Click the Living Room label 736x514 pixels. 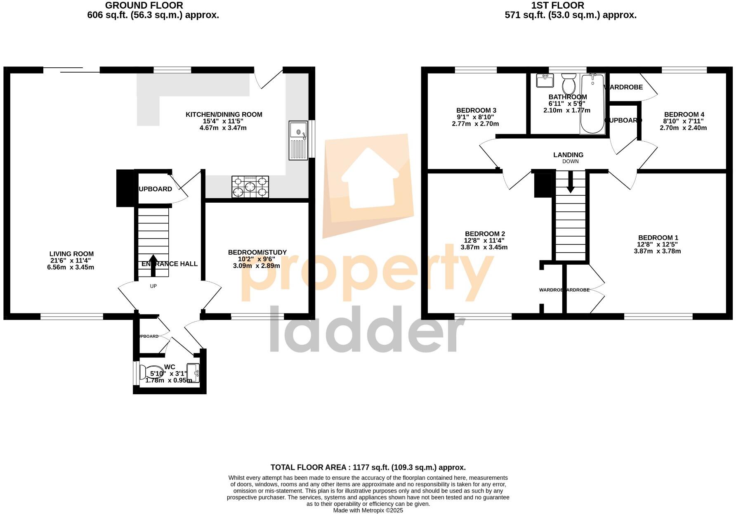tap(71, 254)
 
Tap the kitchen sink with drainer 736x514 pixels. tap(298, 140)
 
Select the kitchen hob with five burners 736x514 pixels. tap(250, 187)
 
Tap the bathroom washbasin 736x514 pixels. tap(545, 81)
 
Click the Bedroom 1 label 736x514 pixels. tap(658, 238)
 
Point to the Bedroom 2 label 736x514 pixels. tap(485, 234)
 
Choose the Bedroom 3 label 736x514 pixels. tap(476, 110)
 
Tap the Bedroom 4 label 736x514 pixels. tap(684, 114)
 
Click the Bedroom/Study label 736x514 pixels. tap(257, 252)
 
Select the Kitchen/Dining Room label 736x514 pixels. tap(224, 114)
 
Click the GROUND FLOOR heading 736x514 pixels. tap(144, 5)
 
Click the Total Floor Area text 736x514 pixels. tap(368, 467)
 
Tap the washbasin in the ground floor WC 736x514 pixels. tap(193, 373)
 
